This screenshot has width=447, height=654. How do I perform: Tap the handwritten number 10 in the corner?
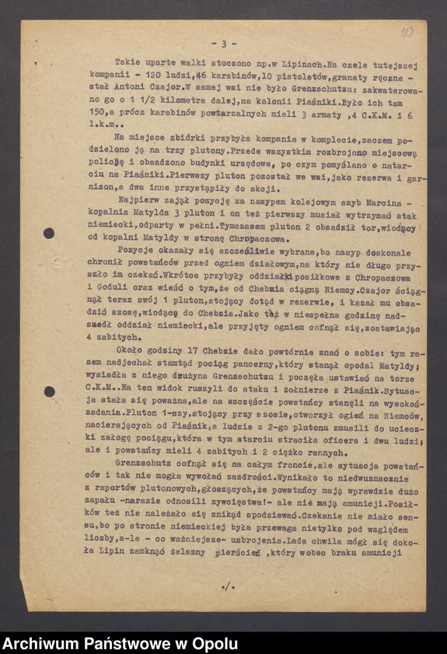(407, 33)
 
